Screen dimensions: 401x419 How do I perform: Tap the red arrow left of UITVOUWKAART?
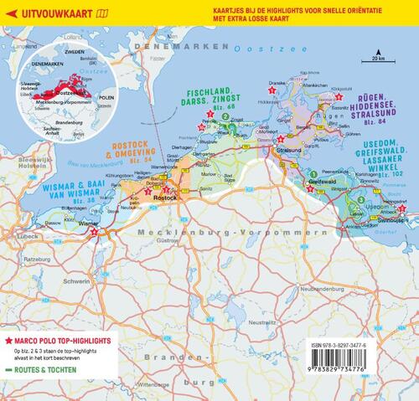[10, 12]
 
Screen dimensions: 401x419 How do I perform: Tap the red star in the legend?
[9, 342]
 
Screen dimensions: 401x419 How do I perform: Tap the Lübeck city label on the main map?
[11, 229]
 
